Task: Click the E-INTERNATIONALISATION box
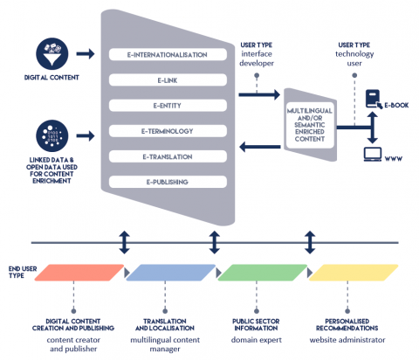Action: coord(168,54)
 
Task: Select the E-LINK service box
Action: coord(168,80)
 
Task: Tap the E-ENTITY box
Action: coord(168,106)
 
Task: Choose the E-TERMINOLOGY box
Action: coord(168,131)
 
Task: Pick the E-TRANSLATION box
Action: coord(168,156)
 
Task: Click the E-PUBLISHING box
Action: coord(168,182)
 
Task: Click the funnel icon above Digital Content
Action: coord(52,54)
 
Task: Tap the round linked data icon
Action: coord(52,135)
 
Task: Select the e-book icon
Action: coord(374,99)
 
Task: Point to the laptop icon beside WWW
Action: coord(373,155)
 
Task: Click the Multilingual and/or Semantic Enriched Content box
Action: coord(310,125)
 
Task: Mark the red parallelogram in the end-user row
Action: coord(79,273)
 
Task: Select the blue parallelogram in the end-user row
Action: coord(171,273)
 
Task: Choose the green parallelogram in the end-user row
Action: coord(262,273)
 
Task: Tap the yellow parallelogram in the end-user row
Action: coord(354,273)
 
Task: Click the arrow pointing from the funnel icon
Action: coord(86,54)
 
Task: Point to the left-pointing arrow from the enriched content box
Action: coord(260,147)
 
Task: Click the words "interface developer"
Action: coord(257,59)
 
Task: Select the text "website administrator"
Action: coord(347,340)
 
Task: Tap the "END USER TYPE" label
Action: coord(23,273)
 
